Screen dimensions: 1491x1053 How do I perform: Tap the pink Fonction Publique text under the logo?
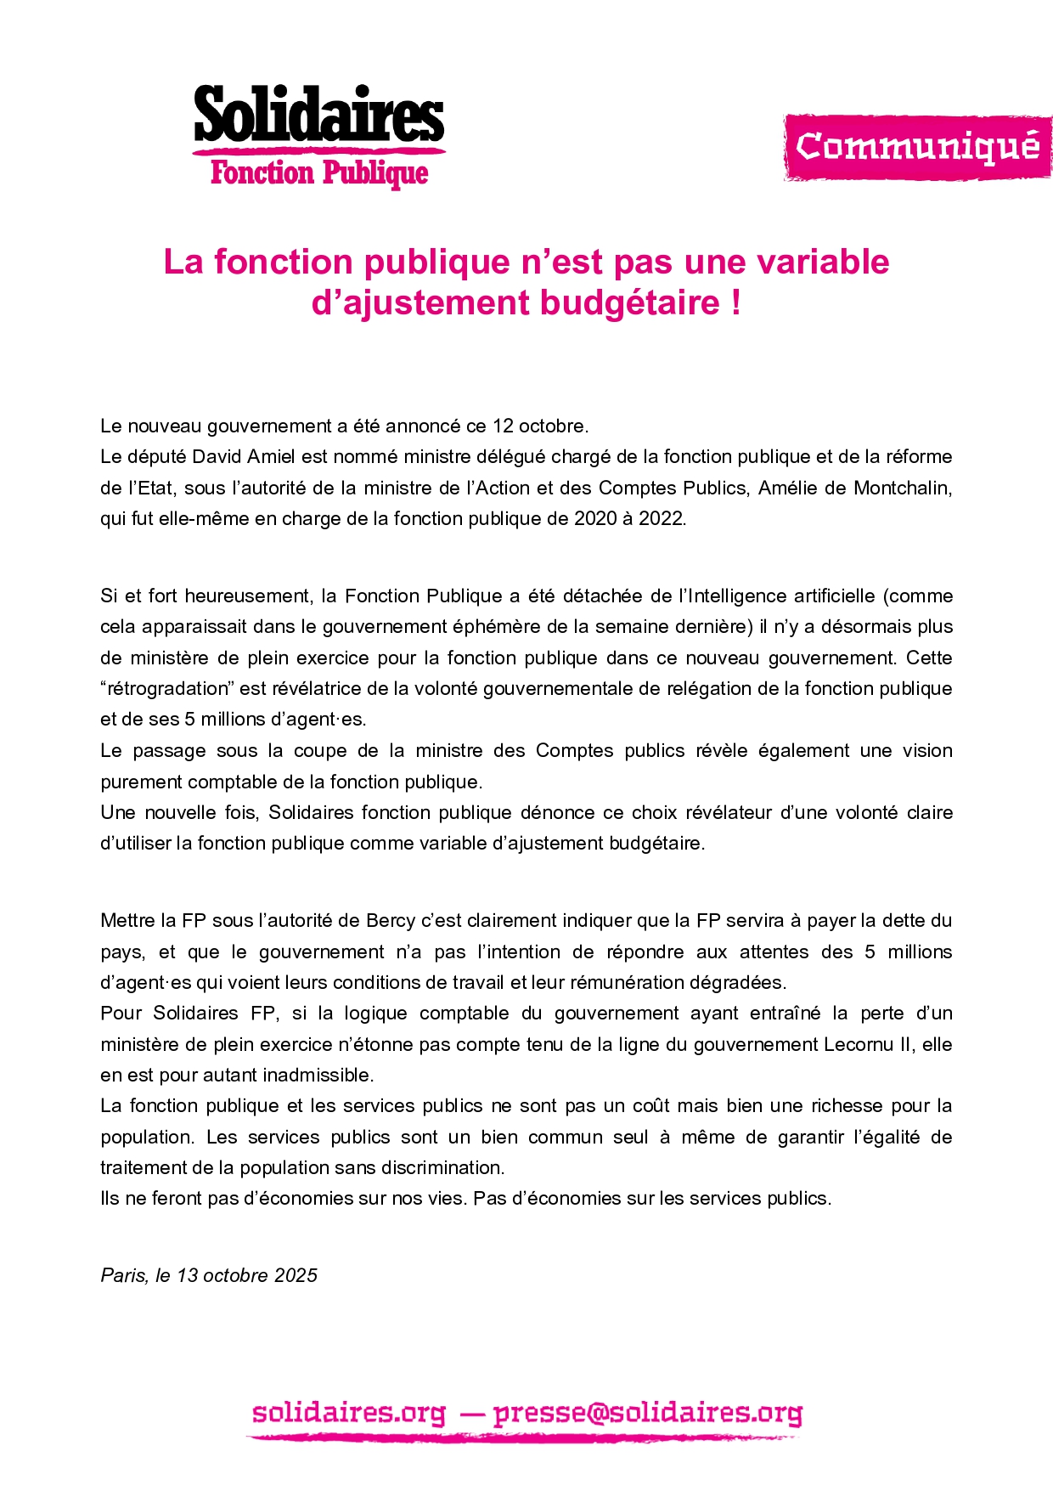point(318,173)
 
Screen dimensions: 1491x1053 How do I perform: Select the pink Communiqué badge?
point(917,147)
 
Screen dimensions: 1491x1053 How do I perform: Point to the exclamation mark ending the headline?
point(735,303)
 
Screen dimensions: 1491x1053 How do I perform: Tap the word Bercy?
point(391,921)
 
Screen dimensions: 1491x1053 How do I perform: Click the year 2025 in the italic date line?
point(296,1276)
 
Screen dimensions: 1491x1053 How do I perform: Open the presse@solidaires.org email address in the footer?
point(647,1414)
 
